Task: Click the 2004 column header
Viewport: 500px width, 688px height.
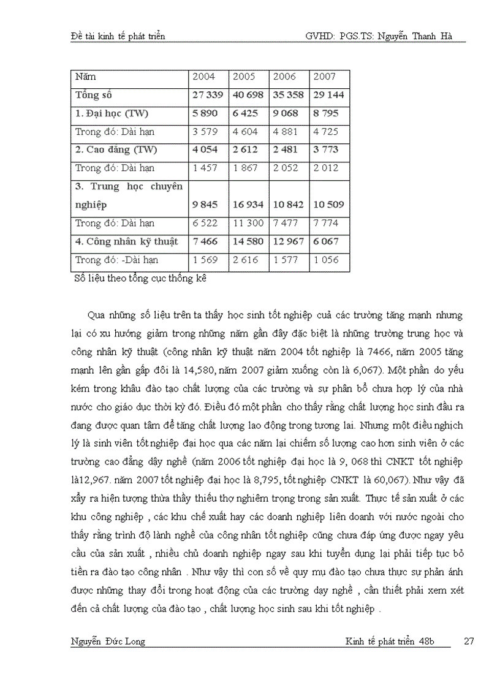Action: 204,77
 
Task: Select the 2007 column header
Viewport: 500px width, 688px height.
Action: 325,77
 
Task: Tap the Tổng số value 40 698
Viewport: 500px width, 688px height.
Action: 249,96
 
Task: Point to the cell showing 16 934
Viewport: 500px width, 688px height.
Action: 249,205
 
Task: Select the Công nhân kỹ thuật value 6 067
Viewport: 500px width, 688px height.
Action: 325,242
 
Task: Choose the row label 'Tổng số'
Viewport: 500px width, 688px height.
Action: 94,96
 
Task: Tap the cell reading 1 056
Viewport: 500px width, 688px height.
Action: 325,260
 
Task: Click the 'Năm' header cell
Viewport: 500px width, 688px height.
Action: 86,77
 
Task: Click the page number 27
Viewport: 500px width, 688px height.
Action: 469,641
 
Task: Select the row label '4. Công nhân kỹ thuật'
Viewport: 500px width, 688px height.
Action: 127,242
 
